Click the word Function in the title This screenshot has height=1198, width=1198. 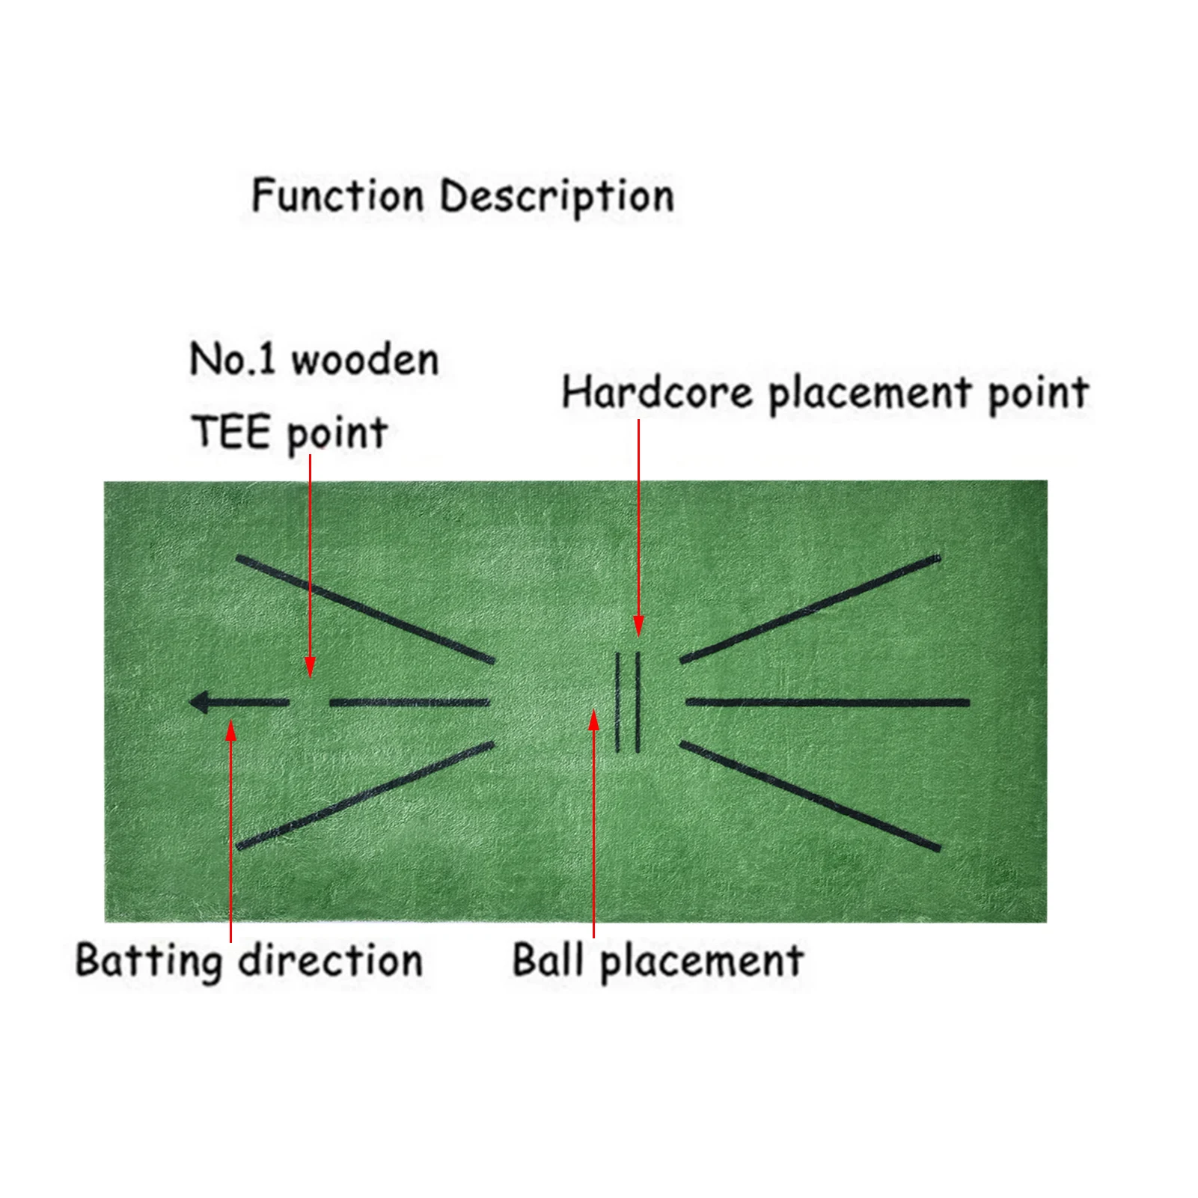[x=337, y=195]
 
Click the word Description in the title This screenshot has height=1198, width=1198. [x=557, y=197]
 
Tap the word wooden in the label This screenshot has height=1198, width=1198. [x=365, y=360]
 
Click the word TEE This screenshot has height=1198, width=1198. [x=230, y=432]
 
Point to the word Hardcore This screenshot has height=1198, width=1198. [x=657, y=392]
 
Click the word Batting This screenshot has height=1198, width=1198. [x=149, y=961]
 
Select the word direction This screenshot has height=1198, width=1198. [x=331, y=960]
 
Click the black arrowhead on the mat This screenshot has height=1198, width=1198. [x=200, y=702]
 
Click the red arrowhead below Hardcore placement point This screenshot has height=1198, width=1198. [x=638, y=625]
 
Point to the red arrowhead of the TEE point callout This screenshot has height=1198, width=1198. [x=310, y=666]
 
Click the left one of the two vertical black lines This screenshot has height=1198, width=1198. [x=617, y=702]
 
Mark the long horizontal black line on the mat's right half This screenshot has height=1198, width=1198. [x=827, y=703]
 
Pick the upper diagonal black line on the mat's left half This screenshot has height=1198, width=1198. [x=364, y=608]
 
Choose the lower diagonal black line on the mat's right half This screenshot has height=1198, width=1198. [x=810, y=796]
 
